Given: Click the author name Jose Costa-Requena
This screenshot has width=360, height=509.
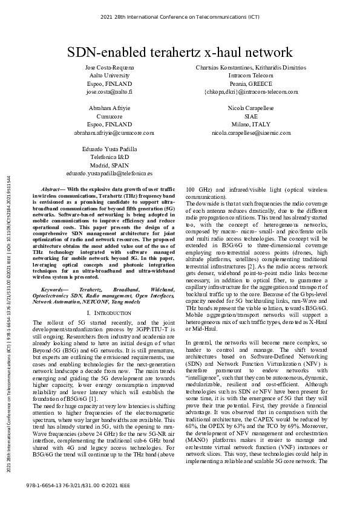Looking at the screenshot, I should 109,67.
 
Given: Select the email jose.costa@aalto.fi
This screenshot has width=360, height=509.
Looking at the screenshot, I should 109,92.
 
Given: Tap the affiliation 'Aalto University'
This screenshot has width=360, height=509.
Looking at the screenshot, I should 109,76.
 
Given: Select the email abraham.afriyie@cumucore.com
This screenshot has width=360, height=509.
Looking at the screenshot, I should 114,132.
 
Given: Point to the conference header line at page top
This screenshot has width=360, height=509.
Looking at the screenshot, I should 180,18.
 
